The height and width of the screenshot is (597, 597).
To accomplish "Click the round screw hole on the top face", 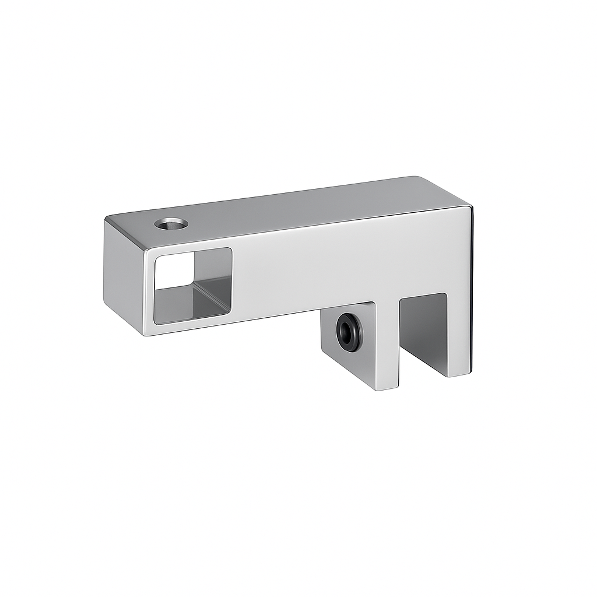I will [x=171, y=223].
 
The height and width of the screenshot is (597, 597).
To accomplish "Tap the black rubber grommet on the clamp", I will [x=349, y=332].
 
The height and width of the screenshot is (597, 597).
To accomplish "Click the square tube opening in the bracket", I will [x=192, y=285].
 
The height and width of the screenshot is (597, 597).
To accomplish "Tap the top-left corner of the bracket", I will [x=108, y=218].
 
